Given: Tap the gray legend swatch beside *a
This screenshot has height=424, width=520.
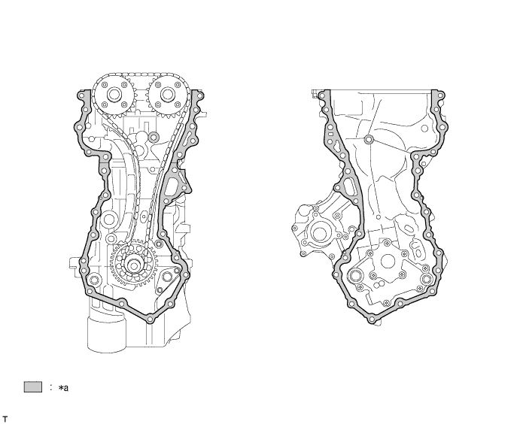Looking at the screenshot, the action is tap(32, 387).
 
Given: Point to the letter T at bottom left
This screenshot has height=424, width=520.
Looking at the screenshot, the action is tap(5, 416).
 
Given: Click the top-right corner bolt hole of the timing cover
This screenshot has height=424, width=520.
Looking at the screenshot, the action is tap(436, 95).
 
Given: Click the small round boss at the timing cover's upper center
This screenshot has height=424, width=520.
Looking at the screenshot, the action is tap(369, 141).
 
